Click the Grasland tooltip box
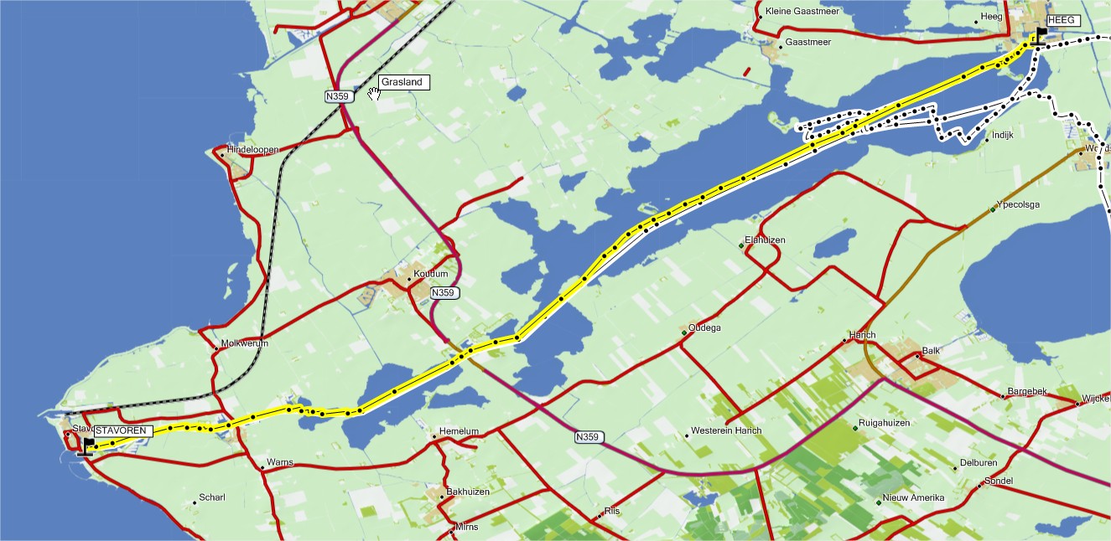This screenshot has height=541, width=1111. coord(404,82)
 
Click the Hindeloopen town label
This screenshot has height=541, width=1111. coord(253,150)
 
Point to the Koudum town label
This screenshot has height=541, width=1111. coord(432,275)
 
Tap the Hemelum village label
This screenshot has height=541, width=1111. coord(459,432)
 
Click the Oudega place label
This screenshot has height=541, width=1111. coord(704,328)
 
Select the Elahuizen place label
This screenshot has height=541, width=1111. coord(766,240)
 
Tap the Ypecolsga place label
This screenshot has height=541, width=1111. coord(1018,204)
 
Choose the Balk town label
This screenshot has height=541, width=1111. coord(931,351)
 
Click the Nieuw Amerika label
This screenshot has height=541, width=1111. coord(913,498)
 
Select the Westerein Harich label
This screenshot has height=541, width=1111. coord(725,431)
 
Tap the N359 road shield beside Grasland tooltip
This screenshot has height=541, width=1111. coord(338,97)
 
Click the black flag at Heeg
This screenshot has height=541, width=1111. coord(1041,34)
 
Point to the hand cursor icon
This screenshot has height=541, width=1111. coord(373,92)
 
